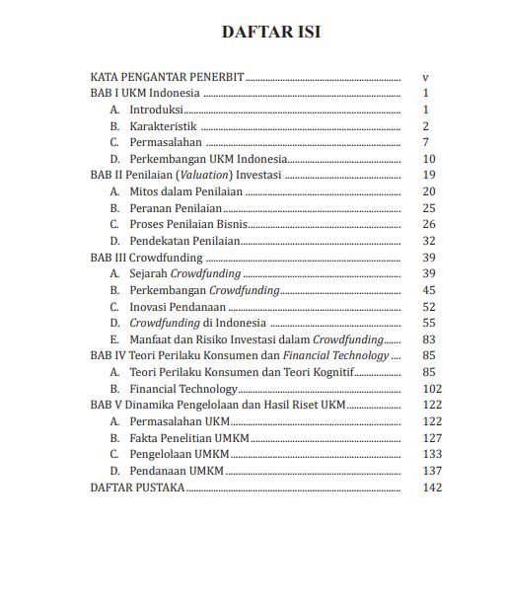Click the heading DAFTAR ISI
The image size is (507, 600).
(x=270, y=33)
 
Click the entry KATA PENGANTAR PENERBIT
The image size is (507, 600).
(x=167, y=76)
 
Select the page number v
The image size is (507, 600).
(x=424, y=76)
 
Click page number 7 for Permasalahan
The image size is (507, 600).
(x=424, y=142)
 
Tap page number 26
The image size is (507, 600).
(x=428, y=224)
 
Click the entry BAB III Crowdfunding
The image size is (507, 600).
(x=146, y=257)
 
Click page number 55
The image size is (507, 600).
(x=428, y=322)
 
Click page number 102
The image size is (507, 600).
(x=430, y=388)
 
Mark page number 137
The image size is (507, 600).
(x=430, y=470)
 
